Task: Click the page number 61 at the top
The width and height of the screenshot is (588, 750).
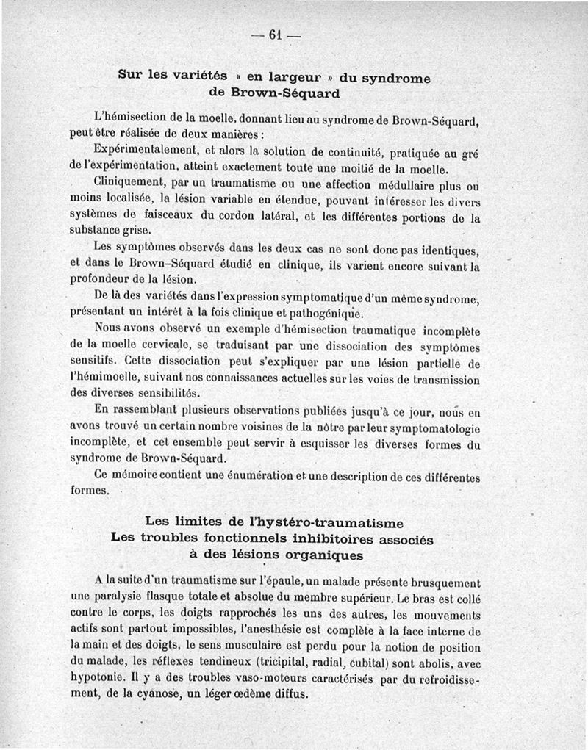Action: pyautogui.click(x=276, y=35)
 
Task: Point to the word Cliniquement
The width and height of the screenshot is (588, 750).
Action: pyautogui.click(x=129, y=181)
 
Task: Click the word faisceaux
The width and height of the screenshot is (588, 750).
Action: pyautogui.click(x=175, y=217)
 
